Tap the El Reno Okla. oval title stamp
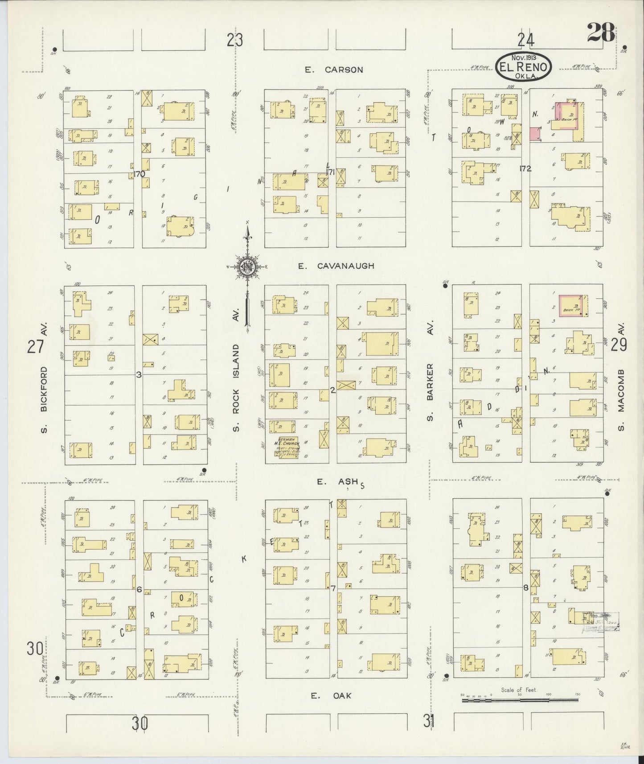(524, 67)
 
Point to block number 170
(139, 174)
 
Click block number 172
(525, 168)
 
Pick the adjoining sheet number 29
(619, 344)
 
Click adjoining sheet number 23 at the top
(234, 41)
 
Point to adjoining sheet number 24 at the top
(525, 41)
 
